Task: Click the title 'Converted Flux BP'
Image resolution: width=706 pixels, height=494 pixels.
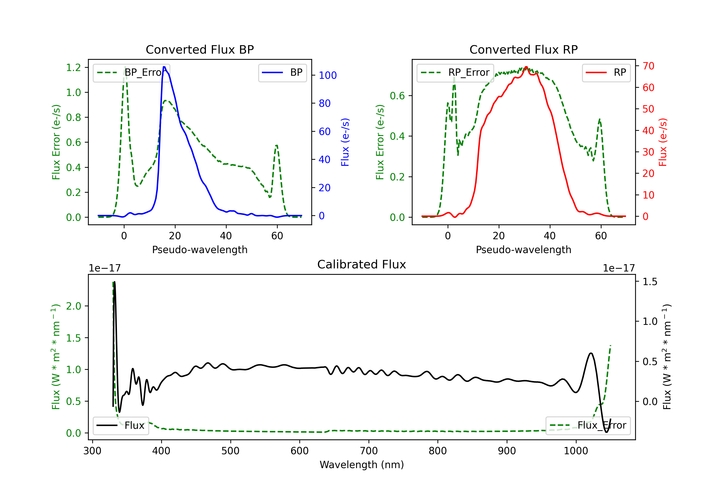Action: (x=200, y=49)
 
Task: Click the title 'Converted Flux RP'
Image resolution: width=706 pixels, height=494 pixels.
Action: (x=523, y=49)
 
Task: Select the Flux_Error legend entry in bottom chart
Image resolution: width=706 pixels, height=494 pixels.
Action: (x=588, y=426)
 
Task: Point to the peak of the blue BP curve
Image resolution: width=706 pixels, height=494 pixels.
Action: (x=164, y=67)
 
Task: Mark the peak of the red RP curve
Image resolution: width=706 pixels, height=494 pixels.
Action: (x=526, y=67)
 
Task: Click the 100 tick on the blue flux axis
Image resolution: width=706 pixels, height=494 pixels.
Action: (x=328, y=75)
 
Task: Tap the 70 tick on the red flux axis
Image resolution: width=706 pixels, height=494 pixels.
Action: (x=648, y=66)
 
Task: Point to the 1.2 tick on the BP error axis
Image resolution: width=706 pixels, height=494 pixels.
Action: (x=73, y=67)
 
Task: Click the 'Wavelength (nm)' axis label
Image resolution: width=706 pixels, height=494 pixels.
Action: (x=362, y=465)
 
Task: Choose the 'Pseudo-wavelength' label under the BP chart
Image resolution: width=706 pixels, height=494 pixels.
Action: (x=200, y=250)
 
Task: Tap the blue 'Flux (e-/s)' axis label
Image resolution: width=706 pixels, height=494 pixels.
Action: (x=345, y=142)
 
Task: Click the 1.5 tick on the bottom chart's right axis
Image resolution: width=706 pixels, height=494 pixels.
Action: (x=650, y=282)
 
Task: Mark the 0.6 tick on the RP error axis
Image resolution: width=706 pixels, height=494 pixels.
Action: (x=397, y=96)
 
